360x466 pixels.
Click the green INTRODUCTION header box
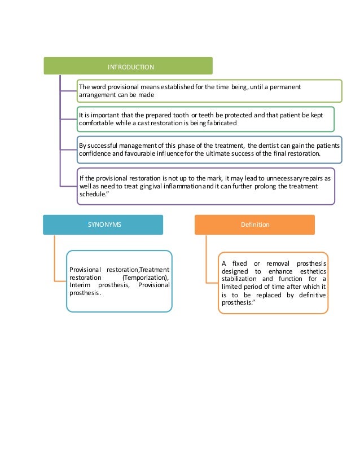(x=128, y=67)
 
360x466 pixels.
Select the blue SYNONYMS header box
(x=103, y=225)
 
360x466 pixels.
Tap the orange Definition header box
(x=254, y=225)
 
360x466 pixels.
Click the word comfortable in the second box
(x=96, y=122)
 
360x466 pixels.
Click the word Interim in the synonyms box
(x=80, y=286)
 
